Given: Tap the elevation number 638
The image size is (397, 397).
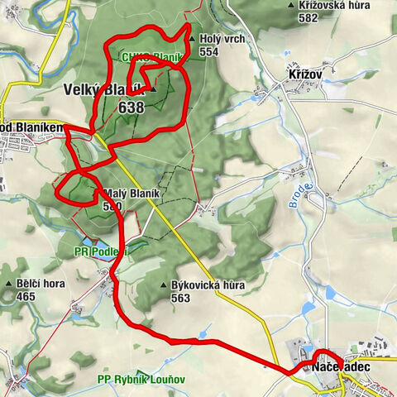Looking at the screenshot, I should coord(132,108).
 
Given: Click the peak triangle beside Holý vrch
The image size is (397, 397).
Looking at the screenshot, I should coord(191,38).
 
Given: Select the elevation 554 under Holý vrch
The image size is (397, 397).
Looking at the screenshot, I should coord(209,50).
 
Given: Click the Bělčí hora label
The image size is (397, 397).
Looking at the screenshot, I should coord(41,284).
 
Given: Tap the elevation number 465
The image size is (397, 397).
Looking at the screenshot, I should coord(26,295).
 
